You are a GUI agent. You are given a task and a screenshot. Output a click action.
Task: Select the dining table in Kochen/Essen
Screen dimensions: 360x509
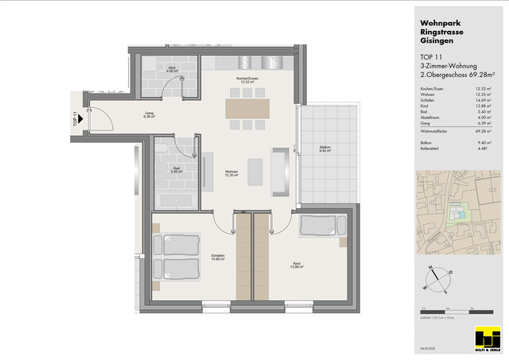tap(248, 107)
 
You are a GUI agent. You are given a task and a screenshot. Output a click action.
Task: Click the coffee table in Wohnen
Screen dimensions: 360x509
tap(255, 170)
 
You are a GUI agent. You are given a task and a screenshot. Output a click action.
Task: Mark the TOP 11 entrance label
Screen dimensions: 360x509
tap(76, 119)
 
